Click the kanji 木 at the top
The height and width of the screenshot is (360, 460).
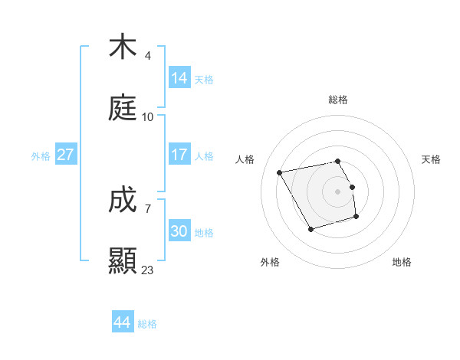[x=123, y=47]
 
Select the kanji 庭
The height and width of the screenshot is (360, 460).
[x=123, y=110]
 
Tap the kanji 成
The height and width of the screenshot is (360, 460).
[x=123, y=201]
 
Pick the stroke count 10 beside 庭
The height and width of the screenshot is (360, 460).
[x=148, y=117]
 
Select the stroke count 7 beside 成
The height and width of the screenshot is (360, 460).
[x=148, y=208]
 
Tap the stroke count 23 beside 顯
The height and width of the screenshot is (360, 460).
[x=148, y=270]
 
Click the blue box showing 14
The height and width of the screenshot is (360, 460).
[x=179, y=77]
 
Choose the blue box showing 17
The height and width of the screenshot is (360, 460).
[x=179, y=155]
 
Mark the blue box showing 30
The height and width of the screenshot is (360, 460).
[x=179, y=231]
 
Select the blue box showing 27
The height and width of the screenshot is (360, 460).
[x=66, y=155]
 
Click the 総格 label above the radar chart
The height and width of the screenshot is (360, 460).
[x=338, y=100]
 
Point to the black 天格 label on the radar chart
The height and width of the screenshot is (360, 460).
[x=431, y=159]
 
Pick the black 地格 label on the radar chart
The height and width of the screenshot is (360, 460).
[x=402, y=262]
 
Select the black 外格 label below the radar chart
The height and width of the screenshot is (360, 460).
[x=270, y=262]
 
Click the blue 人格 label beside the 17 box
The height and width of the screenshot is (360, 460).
[x=204, y=156]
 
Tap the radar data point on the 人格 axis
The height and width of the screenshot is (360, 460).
[x=280, y=172]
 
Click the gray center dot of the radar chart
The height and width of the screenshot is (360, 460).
[x=338, y=191]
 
